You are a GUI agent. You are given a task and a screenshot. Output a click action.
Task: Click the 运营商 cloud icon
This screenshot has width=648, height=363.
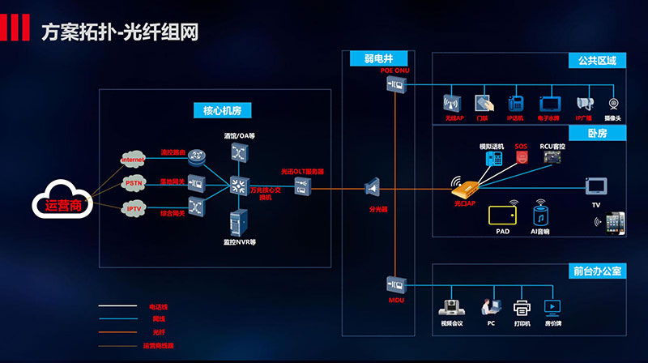tap(62, 199)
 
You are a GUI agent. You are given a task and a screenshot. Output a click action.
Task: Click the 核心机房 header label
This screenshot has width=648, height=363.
tap(215, 110)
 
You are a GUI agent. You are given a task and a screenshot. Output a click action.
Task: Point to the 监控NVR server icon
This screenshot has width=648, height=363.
tap(240, 222)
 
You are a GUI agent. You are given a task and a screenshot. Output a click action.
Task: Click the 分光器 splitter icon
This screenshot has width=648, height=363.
tap(373, 188)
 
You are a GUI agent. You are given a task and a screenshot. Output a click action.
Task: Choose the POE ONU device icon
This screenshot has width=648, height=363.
tap(395, 85)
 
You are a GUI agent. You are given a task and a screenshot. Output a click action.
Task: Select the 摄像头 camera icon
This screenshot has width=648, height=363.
tap(613, 105)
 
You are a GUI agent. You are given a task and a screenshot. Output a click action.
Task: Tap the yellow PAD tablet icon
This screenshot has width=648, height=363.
tap(502, 214)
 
